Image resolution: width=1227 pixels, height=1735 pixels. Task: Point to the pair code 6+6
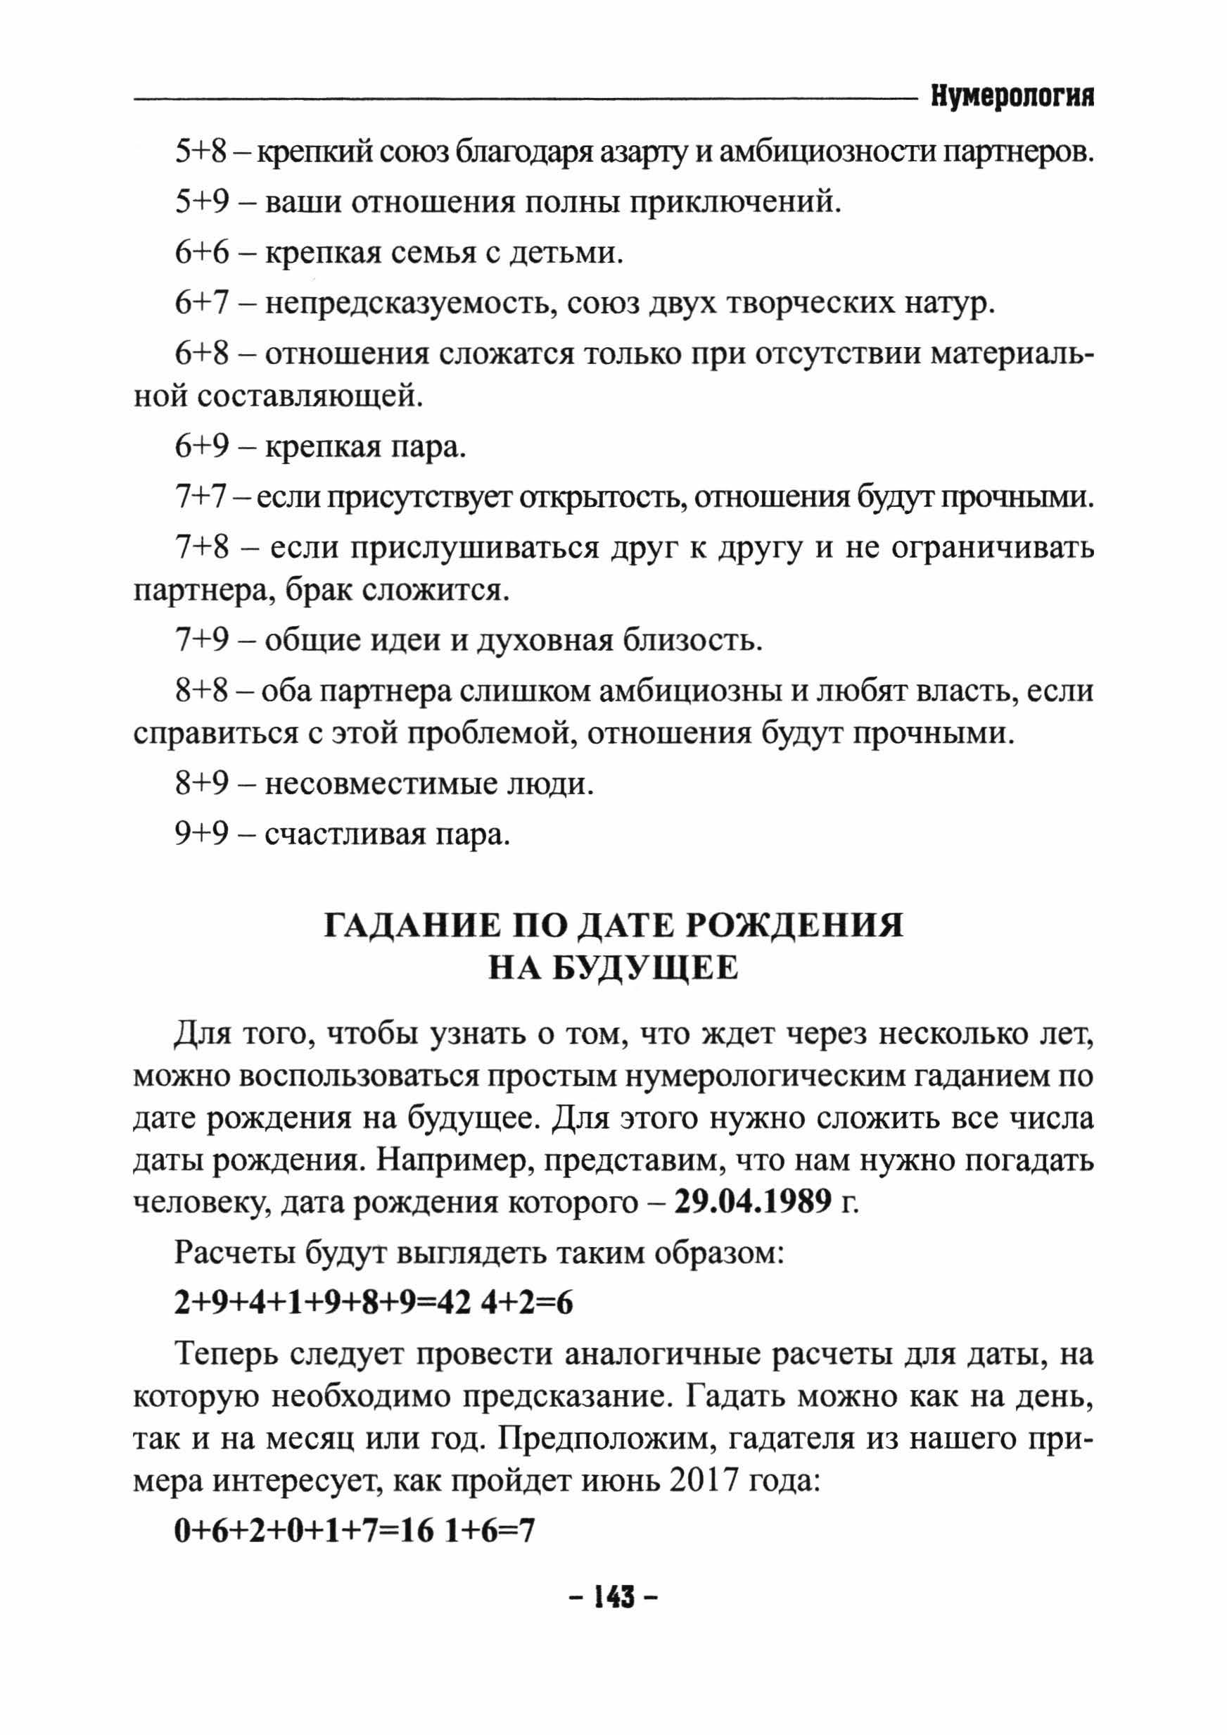(201, 253)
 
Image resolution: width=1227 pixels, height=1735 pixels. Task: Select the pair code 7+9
(201, 640)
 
